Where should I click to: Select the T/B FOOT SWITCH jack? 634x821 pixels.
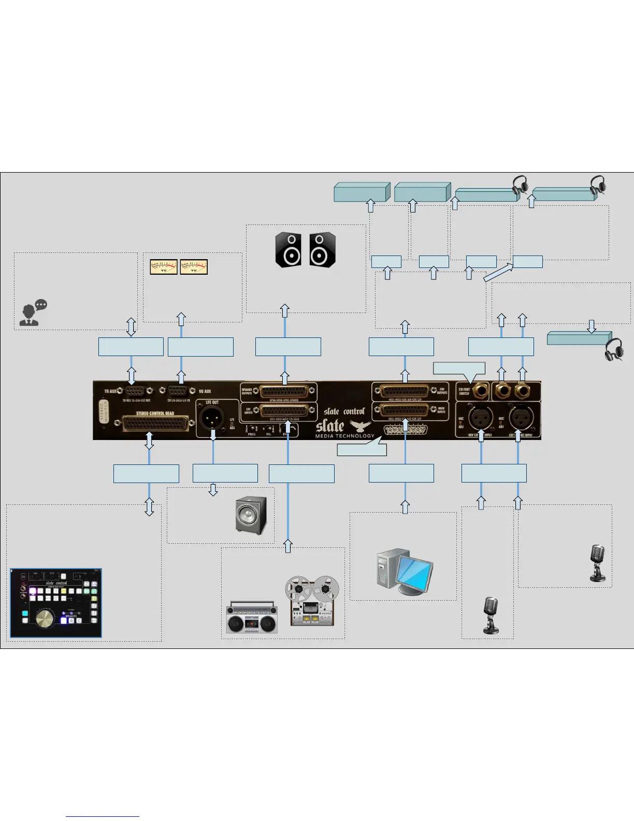click(479, 390)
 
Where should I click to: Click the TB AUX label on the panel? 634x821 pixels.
click(110, 391)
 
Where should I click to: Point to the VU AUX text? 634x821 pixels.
click(205, 391)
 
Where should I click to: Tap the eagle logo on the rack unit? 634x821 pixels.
click(361, 426)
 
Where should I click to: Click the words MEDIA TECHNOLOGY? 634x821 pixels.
click(344, 436)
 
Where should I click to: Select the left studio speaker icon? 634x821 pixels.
click(289, 250)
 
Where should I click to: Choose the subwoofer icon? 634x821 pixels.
click(251, 515)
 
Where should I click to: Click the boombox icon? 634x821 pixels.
click(252, 617)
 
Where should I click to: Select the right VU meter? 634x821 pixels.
click(194, 267)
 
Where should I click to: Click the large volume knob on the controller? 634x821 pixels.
click(45, 618)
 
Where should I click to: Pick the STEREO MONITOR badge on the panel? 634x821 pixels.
click(104, 411)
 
